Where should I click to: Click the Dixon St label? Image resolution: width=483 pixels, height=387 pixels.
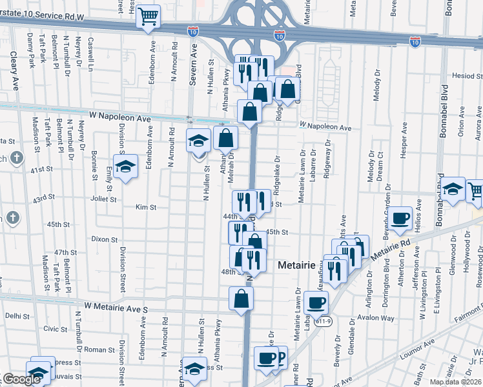click(104, 239)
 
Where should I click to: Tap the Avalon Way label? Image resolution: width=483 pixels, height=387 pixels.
click(376, 318)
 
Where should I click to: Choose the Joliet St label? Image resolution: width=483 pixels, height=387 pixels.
click(103, 199)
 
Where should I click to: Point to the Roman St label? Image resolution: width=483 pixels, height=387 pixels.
click(99, 349)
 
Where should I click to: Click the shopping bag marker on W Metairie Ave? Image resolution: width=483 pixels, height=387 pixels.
click(241, 299)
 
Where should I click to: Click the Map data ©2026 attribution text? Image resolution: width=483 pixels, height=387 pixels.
click(456, 382)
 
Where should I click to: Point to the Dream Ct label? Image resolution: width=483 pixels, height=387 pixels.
click(380, 163)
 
